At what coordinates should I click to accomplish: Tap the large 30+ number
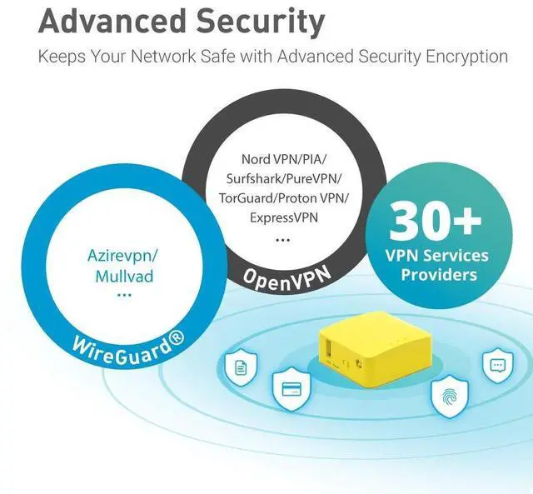436,220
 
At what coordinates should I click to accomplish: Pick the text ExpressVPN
282,218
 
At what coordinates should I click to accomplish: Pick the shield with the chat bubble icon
497,364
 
